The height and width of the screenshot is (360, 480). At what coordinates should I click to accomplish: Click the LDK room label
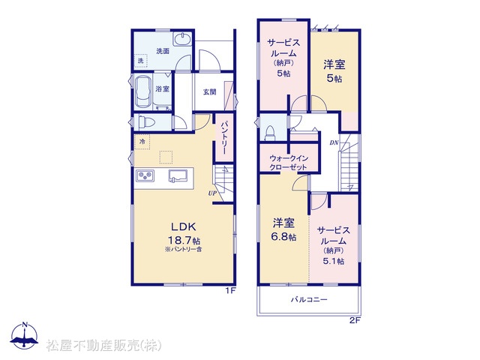183,226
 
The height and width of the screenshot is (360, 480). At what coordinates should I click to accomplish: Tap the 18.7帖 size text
183,240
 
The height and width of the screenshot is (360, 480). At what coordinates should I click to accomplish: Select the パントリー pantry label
223,138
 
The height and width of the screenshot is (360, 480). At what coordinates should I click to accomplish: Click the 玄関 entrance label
210,91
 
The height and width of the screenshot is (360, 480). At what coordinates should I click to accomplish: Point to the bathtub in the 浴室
143,92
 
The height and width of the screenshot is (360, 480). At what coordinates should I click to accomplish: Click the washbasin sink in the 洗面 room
182,40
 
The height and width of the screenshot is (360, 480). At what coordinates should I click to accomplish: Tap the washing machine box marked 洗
140,61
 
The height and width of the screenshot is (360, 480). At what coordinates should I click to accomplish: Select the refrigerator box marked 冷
142,142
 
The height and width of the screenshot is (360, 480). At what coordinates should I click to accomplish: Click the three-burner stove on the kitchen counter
145,176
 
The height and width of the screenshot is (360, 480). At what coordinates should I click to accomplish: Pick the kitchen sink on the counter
177,176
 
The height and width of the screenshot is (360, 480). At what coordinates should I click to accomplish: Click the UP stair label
212,193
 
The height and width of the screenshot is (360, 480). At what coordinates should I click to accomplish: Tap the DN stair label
334,142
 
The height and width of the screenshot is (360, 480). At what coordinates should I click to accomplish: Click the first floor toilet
146,122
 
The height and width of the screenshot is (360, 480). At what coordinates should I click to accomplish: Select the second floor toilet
270,133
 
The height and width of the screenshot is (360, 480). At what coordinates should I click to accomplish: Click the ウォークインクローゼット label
288,163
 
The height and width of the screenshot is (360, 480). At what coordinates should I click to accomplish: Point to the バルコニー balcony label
309,299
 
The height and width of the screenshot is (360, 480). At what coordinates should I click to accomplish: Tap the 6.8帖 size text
284,237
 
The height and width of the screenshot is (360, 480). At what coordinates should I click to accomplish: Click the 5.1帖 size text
333,261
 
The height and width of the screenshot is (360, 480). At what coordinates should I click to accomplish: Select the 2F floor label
355,321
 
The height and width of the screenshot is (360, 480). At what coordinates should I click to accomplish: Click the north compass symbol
24,336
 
